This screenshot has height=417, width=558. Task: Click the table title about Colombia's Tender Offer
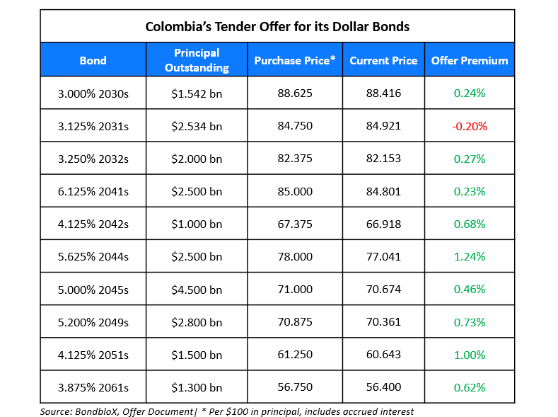pyautogui.click(x=277, y=27)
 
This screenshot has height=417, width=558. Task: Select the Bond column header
pyautogui.click(x=93, y=60)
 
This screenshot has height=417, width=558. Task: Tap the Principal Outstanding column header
pyautogui.click(x=197, y=60)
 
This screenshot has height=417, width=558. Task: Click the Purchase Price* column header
pyautogui.click(x=295, y=60)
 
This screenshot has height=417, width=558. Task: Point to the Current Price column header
pyautogui.click(x=383, y=60)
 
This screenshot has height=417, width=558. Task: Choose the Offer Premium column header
pyautogui.click(x=470, y=60)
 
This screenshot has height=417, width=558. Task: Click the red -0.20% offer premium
pyautogui.click(x=470, y=126)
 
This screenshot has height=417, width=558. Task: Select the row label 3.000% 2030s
pyautogui.click(x=93, y=93)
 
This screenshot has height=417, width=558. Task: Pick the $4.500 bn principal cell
pyautogui.click(x=197, y=290)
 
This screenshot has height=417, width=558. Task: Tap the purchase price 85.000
pyautogui.click(x=295, y=191)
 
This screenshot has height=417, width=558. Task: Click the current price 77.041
pyautogui.click(x=383, y=257)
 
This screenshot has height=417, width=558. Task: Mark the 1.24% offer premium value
pyautogui.click(x=470, y=257)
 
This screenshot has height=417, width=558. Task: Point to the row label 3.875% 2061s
pyautogui.click(x=93, y=387)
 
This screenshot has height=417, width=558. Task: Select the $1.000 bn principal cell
pyautogui.click(x=197, y=224)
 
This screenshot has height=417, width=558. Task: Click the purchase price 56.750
pyautogui.click(x=295, y=387)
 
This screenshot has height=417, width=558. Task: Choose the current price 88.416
pyautogui.click(x=383, y=93)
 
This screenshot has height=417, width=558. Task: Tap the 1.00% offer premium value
pyautogui.click(x=470, y=355)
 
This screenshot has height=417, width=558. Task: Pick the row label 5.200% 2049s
pyautogui.click(x=93, y=322)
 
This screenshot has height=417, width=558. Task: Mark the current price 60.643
pyautogui.click(x=383, y=355)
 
